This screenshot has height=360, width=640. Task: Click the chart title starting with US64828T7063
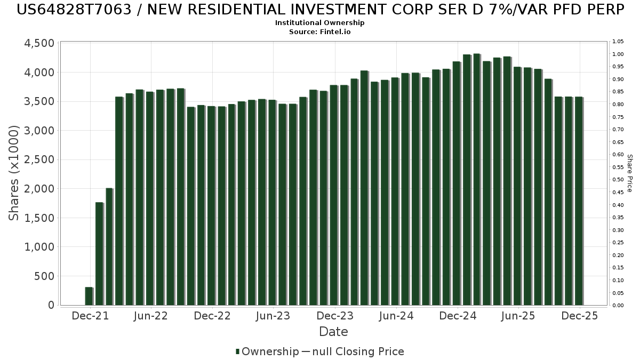(x=320, y=10)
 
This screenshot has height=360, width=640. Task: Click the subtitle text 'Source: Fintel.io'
(x=320, y=31)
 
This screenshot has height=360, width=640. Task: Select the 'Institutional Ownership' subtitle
(x=320, y=23)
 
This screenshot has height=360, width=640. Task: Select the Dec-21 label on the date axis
(x=90, y=316)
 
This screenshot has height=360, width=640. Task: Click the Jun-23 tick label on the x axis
(x=273, y=316)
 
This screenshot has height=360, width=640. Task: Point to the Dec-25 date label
(x=580, y=316)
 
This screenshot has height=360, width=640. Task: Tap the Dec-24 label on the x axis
(x=457, y=316)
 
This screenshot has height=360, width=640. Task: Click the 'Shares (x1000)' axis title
(x=14, y=173)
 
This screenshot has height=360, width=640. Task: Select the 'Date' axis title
(x=333, y=332)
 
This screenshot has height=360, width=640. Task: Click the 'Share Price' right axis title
(x=629, y=173)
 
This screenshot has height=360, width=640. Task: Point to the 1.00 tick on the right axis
(x=618, y=54)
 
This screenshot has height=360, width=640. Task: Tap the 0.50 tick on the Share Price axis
(x=618, y=180)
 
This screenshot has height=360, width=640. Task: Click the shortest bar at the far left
(x=89, y=296)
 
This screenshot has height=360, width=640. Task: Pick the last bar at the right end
(x=579, y=201)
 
